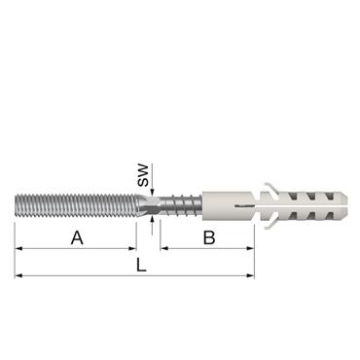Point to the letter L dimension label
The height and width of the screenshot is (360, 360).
point(142,266)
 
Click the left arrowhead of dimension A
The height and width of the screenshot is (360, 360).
point(18,248)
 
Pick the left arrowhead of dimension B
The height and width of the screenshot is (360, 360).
point(164,248)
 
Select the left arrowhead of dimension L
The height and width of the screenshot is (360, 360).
point(18,275)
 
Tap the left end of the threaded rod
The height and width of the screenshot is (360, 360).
point(18,207)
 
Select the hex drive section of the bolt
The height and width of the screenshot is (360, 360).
point(148,206)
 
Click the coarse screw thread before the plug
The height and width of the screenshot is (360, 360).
point(181,206)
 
